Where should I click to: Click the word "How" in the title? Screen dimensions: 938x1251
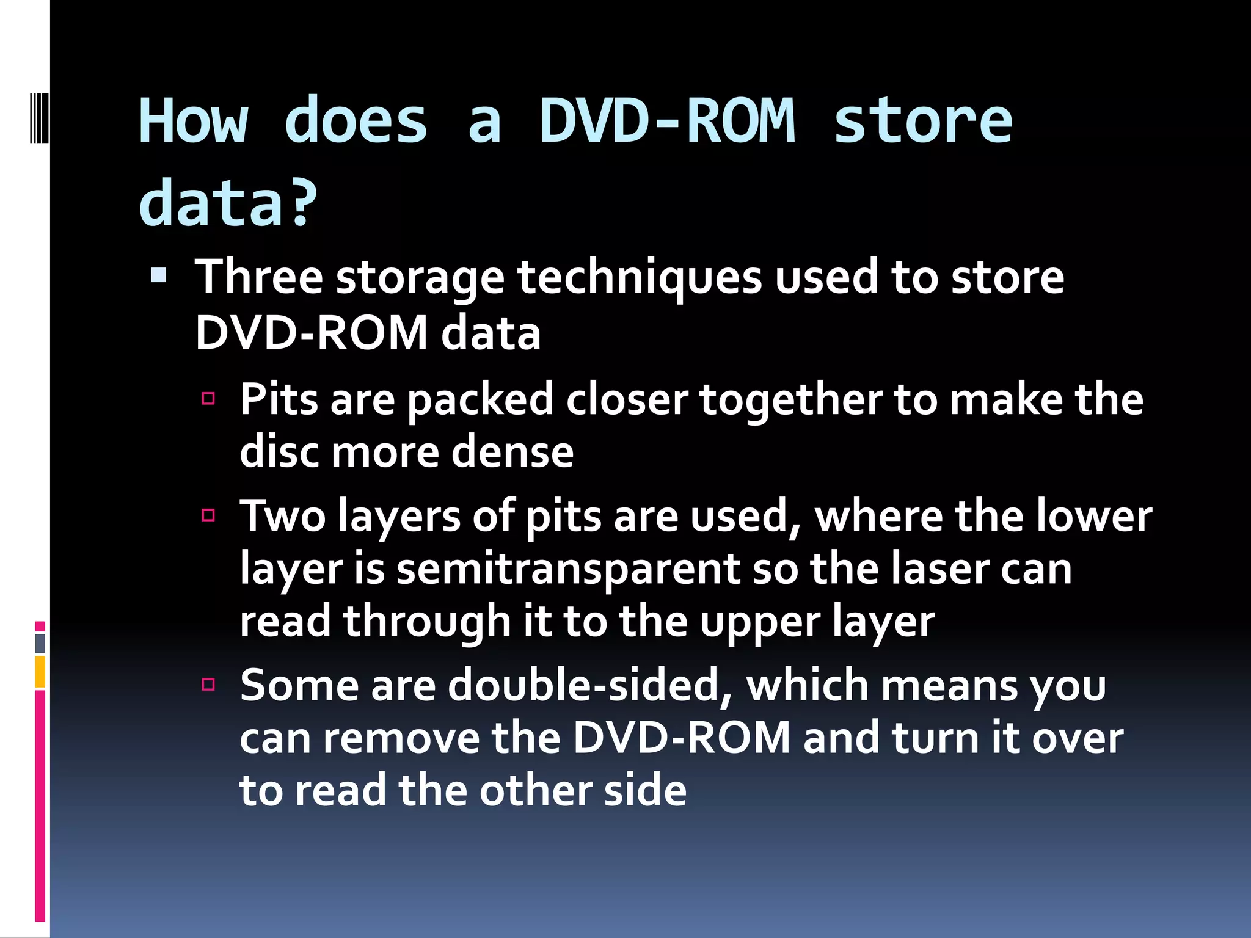(x=194, y=122)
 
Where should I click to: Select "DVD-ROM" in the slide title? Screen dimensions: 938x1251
(x=668, y=122)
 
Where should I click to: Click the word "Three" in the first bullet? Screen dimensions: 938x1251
(x=258, y=277)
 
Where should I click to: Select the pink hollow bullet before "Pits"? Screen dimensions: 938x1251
(x=208, y=399)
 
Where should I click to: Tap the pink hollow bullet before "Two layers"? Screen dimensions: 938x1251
(x=208, y=515)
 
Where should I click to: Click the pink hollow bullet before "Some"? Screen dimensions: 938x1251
(x=208, y=684)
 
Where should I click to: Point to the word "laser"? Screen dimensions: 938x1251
(x=938, y=569)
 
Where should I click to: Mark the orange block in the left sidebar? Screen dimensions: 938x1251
(x=40, y=672)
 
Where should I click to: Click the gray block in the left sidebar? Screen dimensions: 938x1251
(x=40, y=643)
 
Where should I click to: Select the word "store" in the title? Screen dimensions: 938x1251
(x=922, y=122)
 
